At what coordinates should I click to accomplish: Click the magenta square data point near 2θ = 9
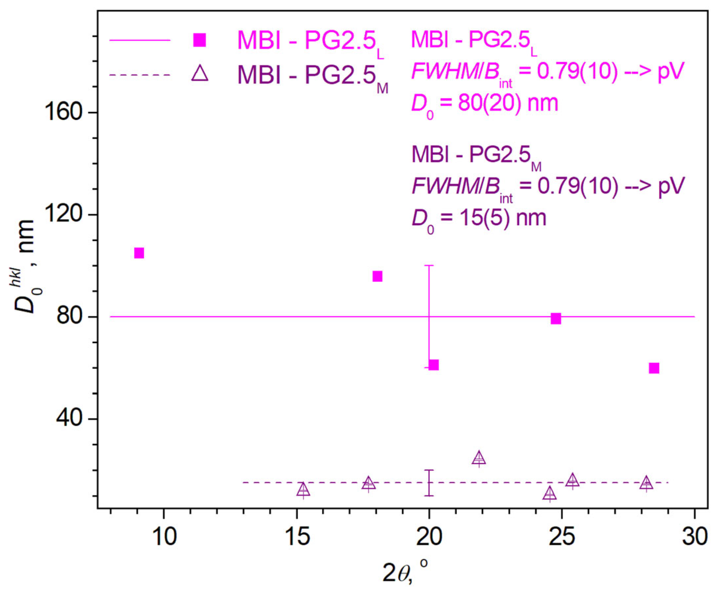click(139, 253)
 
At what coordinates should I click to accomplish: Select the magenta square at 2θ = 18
click(377, 276)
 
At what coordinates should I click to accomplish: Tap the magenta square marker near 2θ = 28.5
click(654, 368)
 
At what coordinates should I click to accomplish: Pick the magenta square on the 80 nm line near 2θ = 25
click(556, 318)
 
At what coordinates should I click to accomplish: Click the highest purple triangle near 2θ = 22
click(479, 458)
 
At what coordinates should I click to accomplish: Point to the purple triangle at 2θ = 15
click(303, 490)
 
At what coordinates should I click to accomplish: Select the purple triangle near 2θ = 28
click(646, 483)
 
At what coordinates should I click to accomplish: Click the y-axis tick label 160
click(64, 112)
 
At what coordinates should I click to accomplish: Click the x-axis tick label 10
click(164, 536)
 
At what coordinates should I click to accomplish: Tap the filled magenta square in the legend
click(200, 40)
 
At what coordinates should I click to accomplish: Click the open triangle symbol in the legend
click(200, 74)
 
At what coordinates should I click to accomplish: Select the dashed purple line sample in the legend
click(140, 75)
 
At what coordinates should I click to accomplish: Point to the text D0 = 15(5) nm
click(479, 219)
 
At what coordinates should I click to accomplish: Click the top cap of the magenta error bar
click(429, 265)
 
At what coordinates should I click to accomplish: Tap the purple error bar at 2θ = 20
click(429, 483)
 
